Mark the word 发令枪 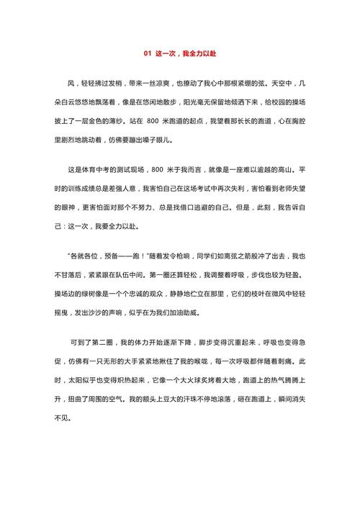(x=171, y=256)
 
